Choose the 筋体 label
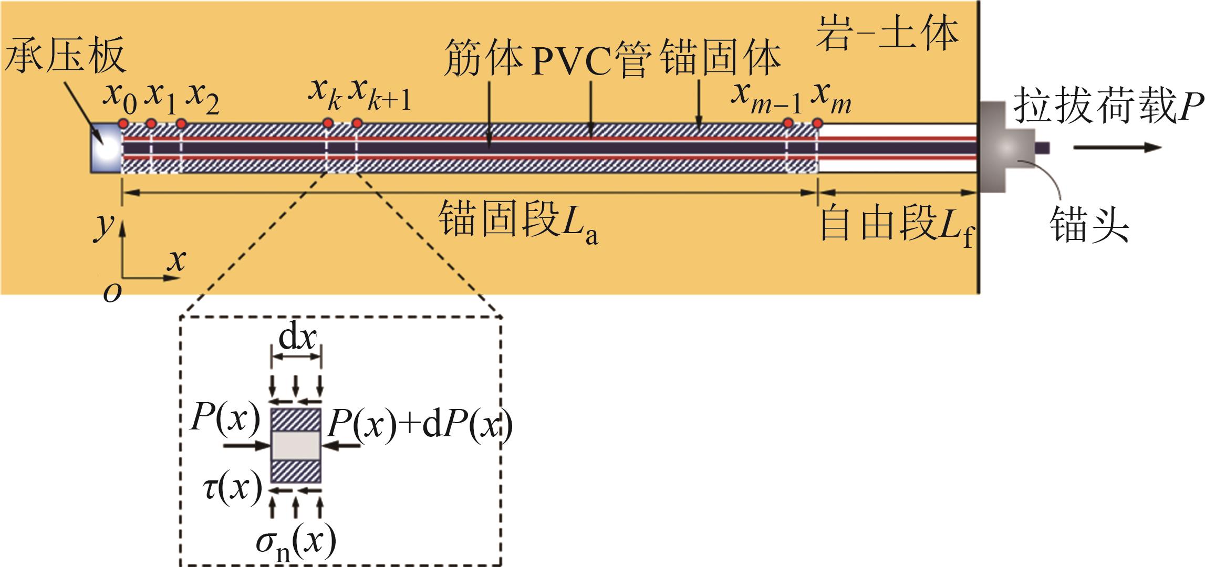pyautogui.click(x=483, y=62)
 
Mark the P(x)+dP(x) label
pyautogui.click(x=419, y=426)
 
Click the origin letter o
pyautogui.click(x=112, y=293)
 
